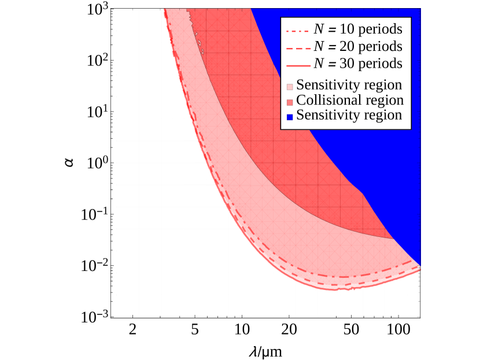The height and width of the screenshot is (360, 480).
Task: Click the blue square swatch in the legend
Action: [290, 117]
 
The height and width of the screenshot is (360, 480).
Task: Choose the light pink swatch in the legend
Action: [290, 87]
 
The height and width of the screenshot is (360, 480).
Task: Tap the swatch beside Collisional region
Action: [290, 102]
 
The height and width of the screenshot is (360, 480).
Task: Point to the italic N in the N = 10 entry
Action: [319, 29]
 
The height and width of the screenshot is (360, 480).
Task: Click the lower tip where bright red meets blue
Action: [393, 238]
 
